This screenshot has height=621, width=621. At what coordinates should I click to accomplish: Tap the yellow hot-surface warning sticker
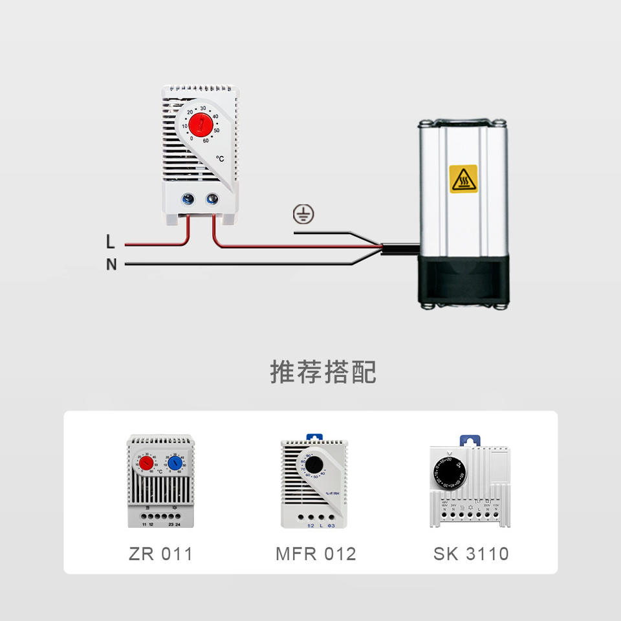[463, 179]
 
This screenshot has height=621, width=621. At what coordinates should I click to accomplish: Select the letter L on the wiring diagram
[111, 243]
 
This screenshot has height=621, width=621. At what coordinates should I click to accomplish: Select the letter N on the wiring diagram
[111, 265]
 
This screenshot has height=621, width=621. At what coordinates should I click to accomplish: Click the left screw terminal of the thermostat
[188, 200]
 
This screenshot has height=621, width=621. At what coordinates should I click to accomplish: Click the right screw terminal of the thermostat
[212, 200]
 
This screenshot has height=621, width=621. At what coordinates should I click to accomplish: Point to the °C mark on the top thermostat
[220, 158]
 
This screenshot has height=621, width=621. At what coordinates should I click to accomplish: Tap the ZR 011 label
[160, 554]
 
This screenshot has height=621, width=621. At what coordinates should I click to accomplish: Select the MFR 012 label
[316, 554]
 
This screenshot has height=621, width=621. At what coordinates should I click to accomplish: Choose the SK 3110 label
[471, 554]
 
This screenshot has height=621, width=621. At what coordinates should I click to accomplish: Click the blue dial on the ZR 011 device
[175, 463]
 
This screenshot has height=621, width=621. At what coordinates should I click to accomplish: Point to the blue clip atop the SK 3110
[470, 440]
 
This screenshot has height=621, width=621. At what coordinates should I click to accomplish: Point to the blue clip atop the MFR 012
[314, 438]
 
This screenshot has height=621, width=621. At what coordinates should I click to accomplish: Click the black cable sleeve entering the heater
[398, 249]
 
